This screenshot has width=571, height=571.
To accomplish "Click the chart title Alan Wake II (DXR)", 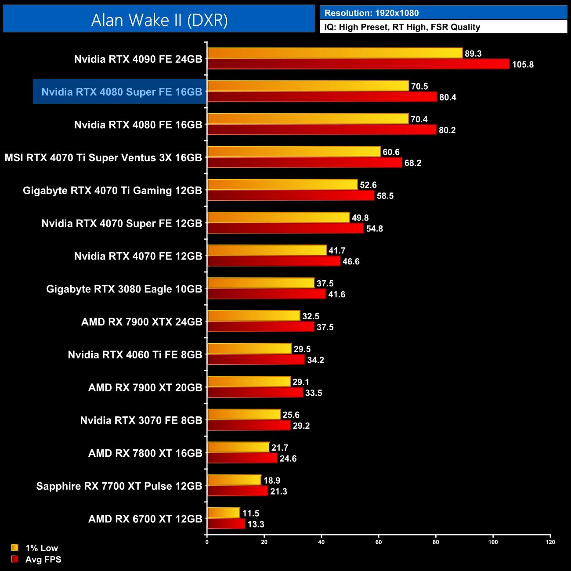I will coord(159,20).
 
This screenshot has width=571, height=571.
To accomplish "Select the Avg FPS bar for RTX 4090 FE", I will coord(358,64).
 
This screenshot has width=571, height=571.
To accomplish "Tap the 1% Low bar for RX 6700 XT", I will coord(224,513).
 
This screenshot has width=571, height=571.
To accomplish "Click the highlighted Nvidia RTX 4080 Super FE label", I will coord(122,92).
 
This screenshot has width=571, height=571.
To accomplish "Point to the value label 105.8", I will coord(523,65).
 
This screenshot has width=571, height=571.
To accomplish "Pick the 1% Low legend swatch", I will coord(15,548).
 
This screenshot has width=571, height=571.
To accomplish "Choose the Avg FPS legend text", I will coord(43,560).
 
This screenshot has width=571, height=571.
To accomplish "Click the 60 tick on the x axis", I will coord(379,542).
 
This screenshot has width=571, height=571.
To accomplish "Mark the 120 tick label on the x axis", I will coord(550,542).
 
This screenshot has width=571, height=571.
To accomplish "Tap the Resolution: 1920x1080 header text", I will coord(372,13).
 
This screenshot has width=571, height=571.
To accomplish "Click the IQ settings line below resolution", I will coord(402,27).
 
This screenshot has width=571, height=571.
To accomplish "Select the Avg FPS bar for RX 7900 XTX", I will coord(261,327).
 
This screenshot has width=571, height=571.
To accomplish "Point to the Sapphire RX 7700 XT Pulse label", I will coord(119,486).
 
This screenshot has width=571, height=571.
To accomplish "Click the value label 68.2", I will coord(413,163).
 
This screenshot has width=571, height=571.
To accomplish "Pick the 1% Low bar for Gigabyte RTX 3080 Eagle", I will coord(261,283).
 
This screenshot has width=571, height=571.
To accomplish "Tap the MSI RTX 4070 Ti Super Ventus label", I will coord(103,158).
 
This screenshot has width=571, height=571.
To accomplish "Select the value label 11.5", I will coord(251,513).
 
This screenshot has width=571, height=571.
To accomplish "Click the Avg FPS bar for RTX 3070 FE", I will coord(249,425).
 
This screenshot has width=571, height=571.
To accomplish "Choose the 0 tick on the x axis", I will coord(207,542).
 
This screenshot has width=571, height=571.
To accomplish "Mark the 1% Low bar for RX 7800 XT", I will coord(238,447).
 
